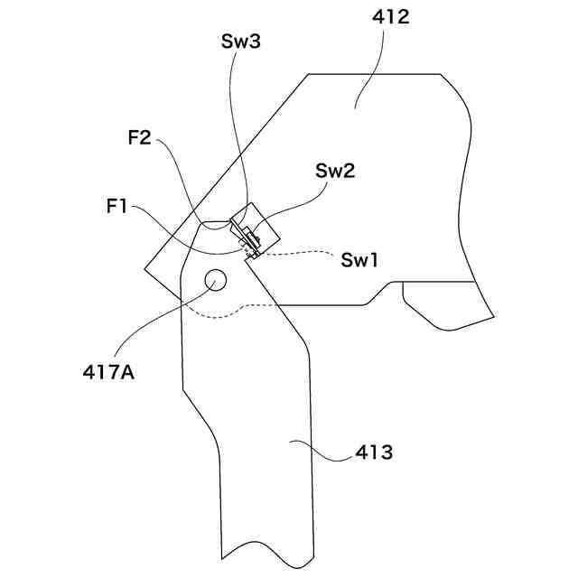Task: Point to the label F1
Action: pyautogui.click(x=117, y=207)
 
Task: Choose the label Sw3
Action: pyautogui.click(x=241, y=42)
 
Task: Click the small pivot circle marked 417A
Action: pyautogui.click(x=215, y=279)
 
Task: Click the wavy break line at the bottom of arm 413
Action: pyautogui.click(x=266, y=549)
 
